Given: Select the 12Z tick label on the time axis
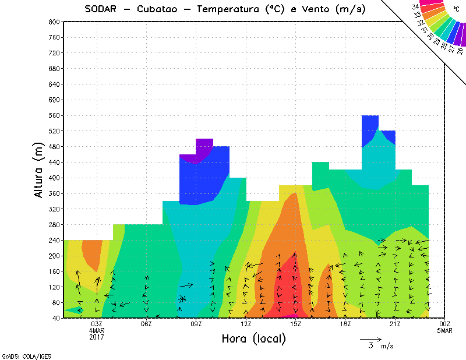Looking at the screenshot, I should click(246, 324).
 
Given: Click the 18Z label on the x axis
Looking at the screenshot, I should click(345, 324).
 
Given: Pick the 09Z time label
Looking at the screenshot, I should click(196, 324).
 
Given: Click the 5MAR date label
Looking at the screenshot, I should click(445, 331).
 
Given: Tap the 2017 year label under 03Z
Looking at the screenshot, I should click(97, 337).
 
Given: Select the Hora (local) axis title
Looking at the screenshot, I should click(253, 338).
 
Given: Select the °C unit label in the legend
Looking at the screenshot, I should click(456, 10).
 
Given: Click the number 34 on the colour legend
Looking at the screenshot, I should click(415, 6).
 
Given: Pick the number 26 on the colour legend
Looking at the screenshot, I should click(460, 51).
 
